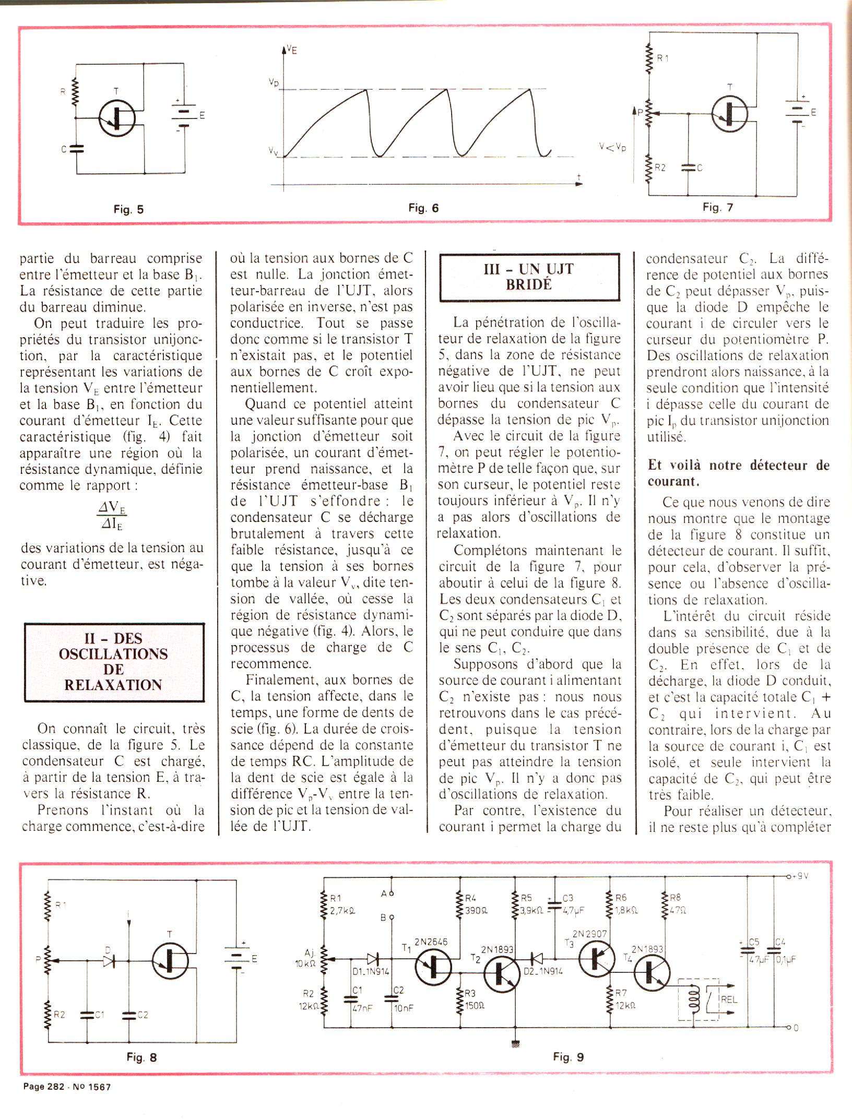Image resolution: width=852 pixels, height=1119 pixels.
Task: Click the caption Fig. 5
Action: pyautogui.click(x=128, y=209)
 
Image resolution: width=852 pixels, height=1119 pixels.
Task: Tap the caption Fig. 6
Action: pyautogui.click(x=423, y=208)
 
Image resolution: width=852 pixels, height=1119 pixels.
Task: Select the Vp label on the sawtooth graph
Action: pyautogui.click(x=274, y=82)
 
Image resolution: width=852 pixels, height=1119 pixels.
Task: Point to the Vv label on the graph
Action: pyautogui.click(x=274, y=151)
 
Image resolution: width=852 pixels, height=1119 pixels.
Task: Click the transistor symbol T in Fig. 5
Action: pyautogui.click(x=117, y=118)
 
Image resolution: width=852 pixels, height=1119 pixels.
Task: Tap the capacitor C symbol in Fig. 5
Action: pyautogui.click(x=77, y=149)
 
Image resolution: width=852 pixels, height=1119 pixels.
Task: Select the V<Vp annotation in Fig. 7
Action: pyautogui.click(x=612, y=147)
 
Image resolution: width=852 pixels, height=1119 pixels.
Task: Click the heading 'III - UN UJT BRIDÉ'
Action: pyautogui.click(x=529, y=277)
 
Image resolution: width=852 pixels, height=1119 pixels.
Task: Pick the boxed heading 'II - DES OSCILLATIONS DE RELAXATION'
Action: pyautogui.click(x=113, y=661)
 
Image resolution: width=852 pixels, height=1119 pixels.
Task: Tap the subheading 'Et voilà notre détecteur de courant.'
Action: pyautogui.click(x=738, y=472)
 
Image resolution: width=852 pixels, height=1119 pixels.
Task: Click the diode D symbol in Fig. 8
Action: pyautogui.click(x=109, y=961)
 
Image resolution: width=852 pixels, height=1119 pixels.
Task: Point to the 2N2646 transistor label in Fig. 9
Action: pyautogui.click(x=431, y=942)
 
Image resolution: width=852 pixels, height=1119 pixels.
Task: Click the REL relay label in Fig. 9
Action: pyautogui.click(x=729, y=1001)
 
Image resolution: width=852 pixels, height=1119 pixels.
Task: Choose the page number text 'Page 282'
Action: pyautogui.click(x=44, y=1087)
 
